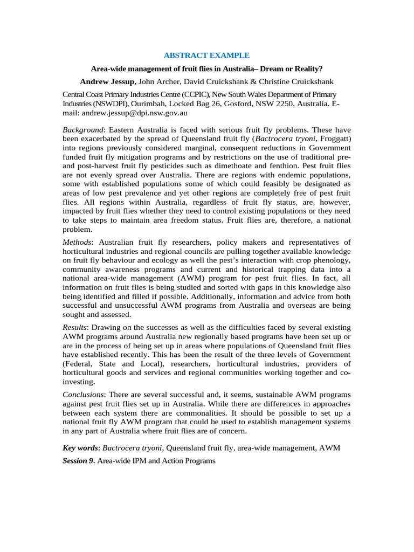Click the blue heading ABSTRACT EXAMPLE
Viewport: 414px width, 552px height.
(207, 55)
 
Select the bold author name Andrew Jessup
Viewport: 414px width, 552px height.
(108, 81)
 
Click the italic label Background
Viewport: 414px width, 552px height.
(82, 130)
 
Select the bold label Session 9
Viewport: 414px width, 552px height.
(79, 461)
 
